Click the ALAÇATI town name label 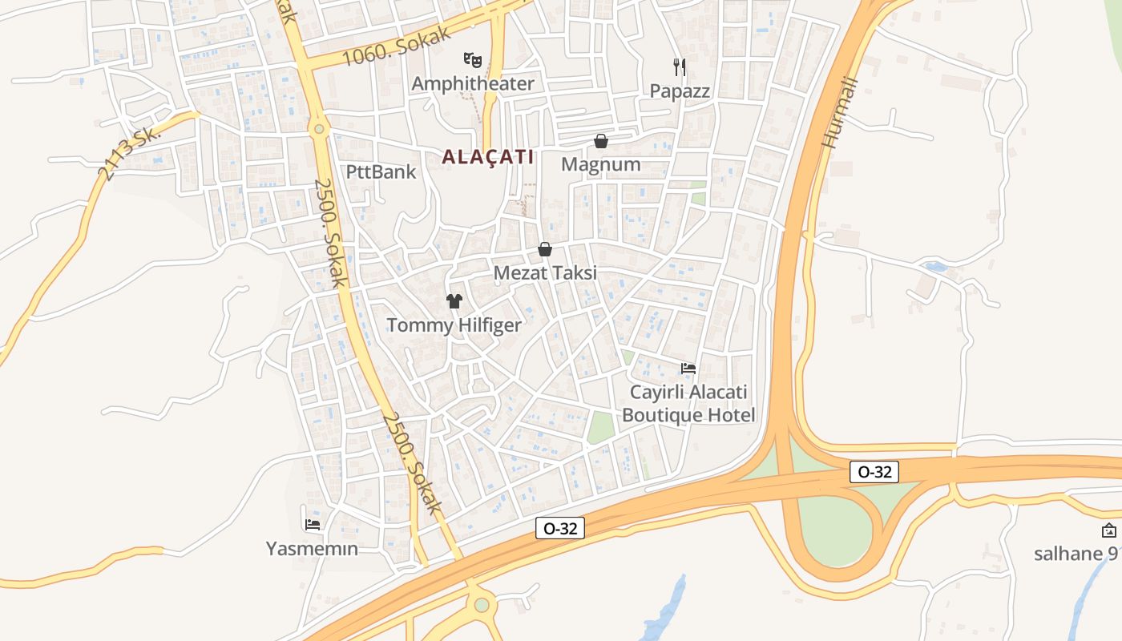(x=487, y=157)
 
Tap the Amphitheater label (x=473, y=83)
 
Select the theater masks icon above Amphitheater (x=473, y=59)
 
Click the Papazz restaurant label (x=680, y=91)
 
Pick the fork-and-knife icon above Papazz (x=680, y=67)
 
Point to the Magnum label (x=601, y=164)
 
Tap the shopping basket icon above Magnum (x=601, y=141)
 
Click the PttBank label (x=381, y=171)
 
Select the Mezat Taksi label (x=545, y=272)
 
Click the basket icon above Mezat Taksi (x=545, y=249)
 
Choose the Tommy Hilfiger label (x=454, y=325)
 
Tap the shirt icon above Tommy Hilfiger (x=454, y=301)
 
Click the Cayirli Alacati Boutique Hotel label (x=688, y=404)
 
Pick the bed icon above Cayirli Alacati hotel (x=688, y=369)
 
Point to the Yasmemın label (x=312, y=549)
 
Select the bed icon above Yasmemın (x=313, y=525)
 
